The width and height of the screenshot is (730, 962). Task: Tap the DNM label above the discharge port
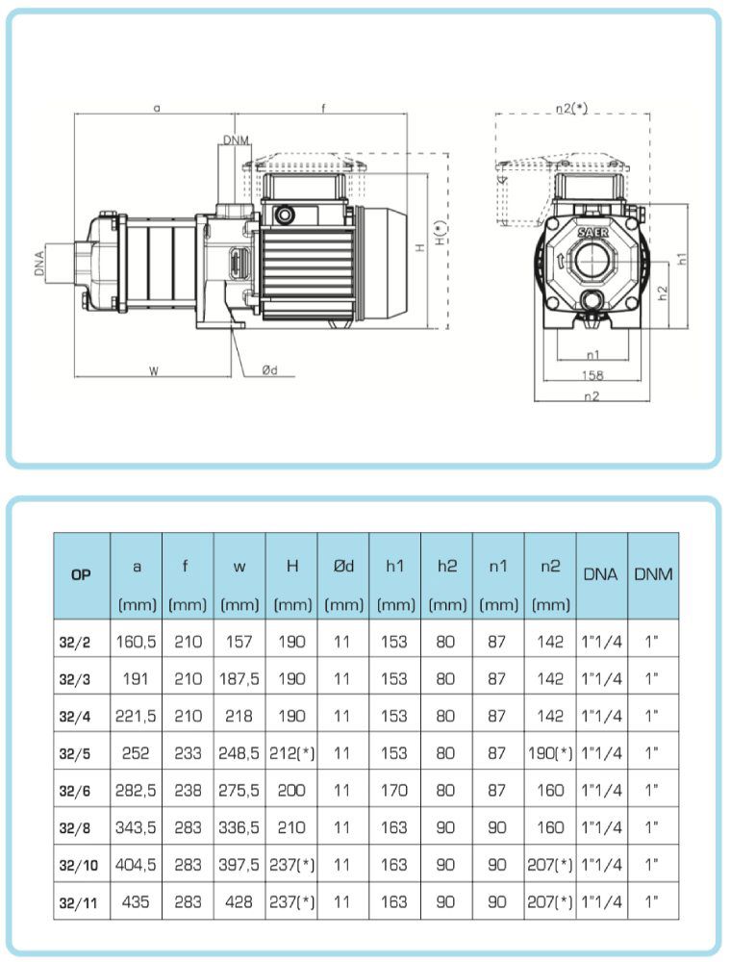[236, 140]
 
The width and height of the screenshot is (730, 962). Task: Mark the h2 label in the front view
[663, 292]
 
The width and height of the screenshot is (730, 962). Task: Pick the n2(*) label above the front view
[573, 109]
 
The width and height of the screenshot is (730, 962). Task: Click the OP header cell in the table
[82, 574]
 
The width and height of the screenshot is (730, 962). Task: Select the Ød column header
[343, 567]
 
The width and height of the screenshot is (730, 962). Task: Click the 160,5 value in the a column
[137, 641]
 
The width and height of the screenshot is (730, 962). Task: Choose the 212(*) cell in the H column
[291, 752]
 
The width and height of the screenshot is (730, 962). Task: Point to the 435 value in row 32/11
[137, 902]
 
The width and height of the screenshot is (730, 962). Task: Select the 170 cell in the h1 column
[394, 790]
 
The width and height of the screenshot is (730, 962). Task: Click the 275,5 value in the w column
[239, 790]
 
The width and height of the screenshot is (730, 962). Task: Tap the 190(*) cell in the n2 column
[550, 752]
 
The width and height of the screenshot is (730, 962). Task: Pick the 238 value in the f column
[188, 790]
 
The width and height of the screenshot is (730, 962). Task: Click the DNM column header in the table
[653, 574]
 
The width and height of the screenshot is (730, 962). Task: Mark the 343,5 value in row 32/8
[137, 827]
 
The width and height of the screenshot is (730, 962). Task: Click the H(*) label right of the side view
[441, 233]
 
